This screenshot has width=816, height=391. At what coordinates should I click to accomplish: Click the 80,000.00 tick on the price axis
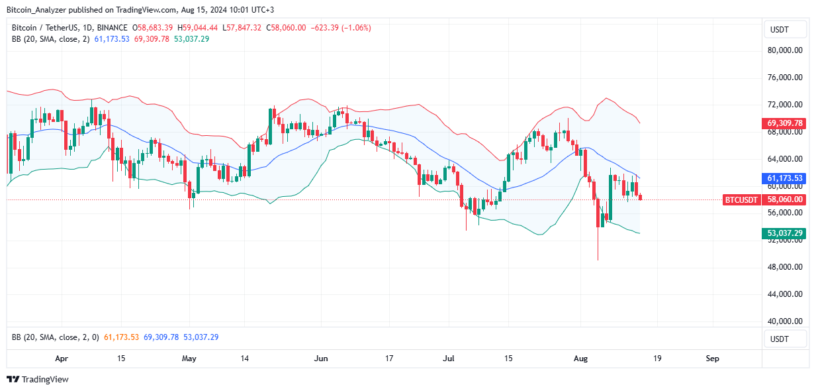[785, 50]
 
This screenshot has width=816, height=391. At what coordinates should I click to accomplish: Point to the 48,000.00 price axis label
[785, 267]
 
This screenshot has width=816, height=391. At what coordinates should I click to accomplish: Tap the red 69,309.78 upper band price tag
[785, 123]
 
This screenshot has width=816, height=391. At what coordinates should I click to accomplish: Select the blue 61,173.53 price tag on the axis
[785, 178]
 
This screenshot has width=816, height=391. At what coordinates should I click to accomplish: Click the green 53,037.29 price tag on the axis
[785, 233]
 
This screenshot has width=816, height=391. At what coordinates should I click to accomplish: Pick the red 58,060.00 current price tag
[785, 199]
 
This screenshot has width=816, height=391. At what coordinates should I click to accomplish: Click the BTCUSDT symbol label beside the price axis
[743, 199]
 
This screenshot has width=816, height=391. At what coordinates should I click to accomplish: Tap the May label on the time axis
[189, 359]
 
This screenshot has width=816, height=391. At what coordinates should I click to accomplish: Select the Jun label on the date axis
[321, 359]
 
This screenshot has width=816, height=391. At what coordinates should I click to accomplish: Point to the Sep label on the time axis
[712, 359]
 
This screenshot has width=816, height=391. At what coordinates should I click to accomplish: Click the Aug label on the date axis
[580, 359]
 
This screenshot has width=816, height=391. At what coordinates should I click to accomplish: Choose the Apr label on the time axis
[62, 359]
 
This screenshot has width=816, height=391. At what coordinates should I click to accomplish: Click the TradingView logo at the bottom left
[38, 380]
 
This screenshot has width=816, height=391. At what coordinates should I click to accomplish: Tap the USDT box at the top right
[785, 29]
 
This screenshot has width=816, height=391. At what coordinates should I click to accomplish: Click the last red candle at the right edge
[640, 197]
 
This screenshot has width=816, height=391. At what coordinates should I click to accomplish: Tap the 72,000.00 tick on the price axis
[785, 105]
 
